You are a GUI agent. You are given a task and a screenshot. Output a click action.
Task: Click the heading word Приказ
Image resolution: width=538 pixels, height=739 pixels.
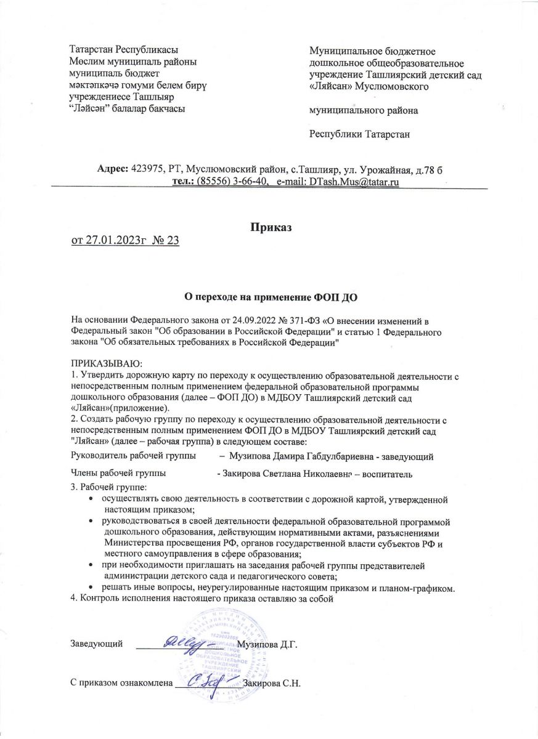tap(270, 227)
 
